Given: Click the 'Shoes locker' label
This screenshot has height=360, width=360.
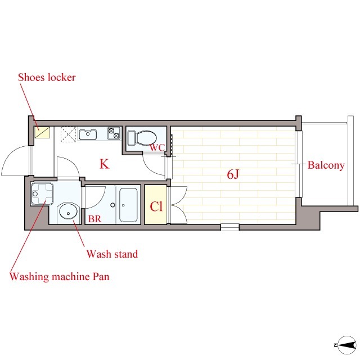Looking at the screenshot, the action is coord(47,78).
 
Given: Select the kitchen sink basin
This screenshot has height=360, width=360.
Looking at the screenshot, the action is coord(88,134).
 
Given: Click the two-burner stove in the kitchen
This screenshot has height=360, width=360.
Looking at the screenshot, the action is coord(114,133).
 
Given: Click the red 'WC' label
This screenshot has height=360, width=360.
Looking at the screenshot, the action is coord(157,147).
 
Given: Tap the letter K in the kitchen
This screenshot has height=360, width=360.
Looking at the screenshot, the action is coord(104,164).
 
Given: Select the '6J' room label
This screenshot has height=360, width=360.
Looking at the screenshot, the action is coord(233,174).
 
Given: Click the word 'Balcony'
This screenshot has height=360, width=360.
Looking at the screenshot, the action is coord(326,165).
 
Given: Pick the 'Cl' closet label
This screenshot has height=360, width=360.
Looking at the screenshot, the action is coord(156,206).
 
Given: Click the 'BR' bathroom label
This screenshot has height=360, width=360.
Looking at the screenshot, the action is coord(94,219).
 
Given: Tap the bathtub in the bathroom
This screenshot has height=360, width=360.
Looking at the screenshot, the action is coord(128,205).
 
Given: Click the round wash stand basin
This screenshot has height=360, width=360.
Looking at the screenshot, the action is coord(68,211).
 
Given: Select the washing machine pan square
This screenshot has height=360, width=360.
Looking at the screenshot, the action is coord(42,193).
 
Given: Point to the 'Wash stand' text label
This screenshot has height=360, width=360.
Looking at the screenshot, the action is coord(112,254).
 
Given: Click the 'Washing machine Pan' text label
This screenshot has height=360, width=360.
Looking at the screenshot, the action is coord(59,276).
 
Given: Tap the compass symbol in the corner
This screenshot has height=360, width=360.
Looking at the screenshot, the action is coord(346,345).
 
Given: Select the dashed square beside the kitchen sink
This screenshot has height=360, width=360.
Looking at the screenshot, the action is coord(68,134).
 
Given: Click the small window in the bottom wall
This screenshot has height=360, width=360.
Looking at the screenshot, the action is coord(230,227).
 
